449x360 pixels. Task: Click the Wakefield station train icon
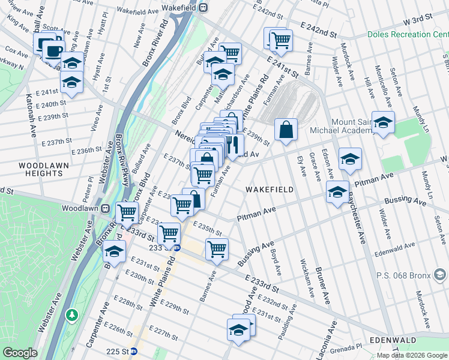pyautogui.click(x=203, y=7)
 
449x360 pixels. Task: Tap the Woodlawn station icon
pyautogui.click(x=106, y=208)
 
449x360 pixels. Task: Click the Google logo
pyautogui.click(x=19, y=353)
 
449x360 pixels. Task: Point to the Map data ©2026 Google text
pyautogui.click(x=411, y=355)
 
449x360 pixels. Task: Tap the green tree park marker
pyautogui.click(x=72, y=314)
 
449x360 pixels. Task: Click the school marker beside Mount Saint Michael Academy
pyautogui.click(x=383, y=122)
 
